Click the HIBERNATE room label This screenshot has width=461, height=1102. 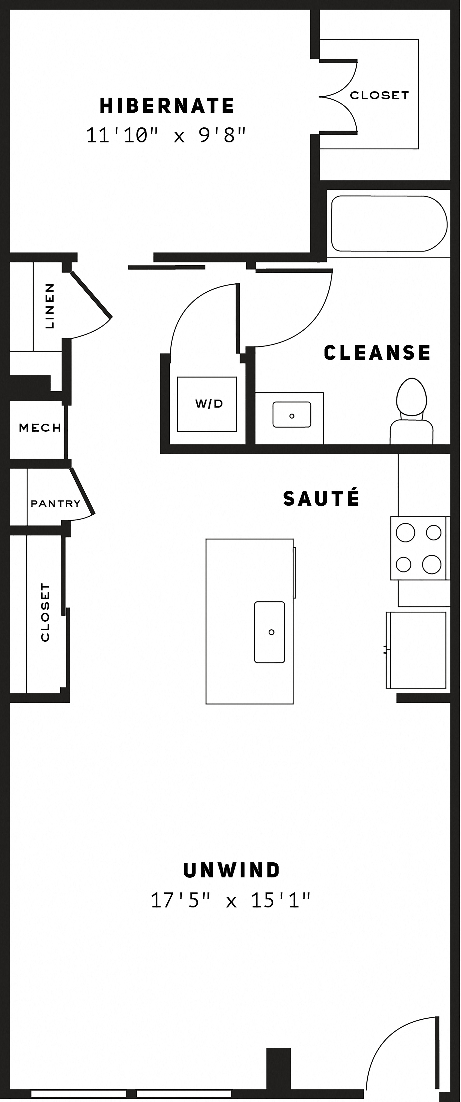tap(167, 106)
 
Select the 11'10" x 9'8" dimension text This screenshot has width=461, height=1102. tap(166, 135)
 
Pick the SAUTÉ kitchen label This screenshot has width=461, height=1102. tap(321, 498)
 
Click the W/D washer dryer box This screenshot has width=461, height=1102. tap(207, 404)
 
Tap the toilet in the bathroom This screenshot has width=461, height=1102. tap(411, 411)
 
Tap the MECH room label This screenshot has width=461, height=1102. tap(40, 427)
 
